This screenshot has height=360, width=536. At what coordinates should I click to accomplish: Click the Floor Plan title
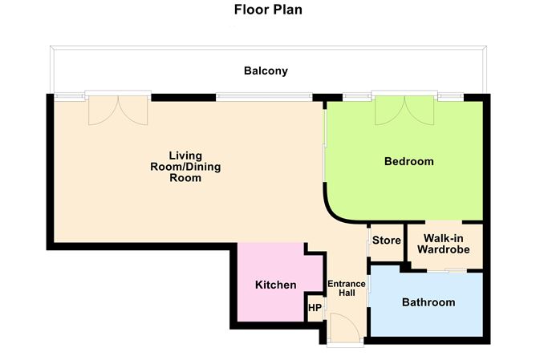268,10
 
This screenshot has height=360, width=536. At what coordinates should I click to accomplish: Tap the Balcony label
266,71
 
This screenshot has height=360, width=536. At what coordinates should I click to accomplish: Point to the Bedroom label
408,162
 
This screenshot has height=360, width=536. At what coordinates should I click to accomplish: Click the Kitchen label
275,285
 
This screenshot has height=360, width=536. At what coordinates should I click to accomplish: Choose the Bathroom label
428,303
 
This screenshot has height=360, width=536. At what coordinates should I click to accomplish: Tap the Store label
386,240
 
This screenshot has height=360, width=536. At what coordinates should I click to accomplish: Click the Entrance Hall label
347,289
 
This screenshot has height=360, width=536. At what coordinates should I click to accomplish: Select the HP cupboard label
315,308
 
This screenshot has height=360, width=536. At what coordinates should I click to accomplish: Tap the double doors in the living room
118,110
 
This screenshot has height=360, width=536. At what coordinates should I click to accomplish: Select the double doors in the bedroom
406,110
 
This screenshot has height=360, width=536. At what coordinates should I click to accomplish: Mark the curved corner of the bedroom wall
335,210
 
